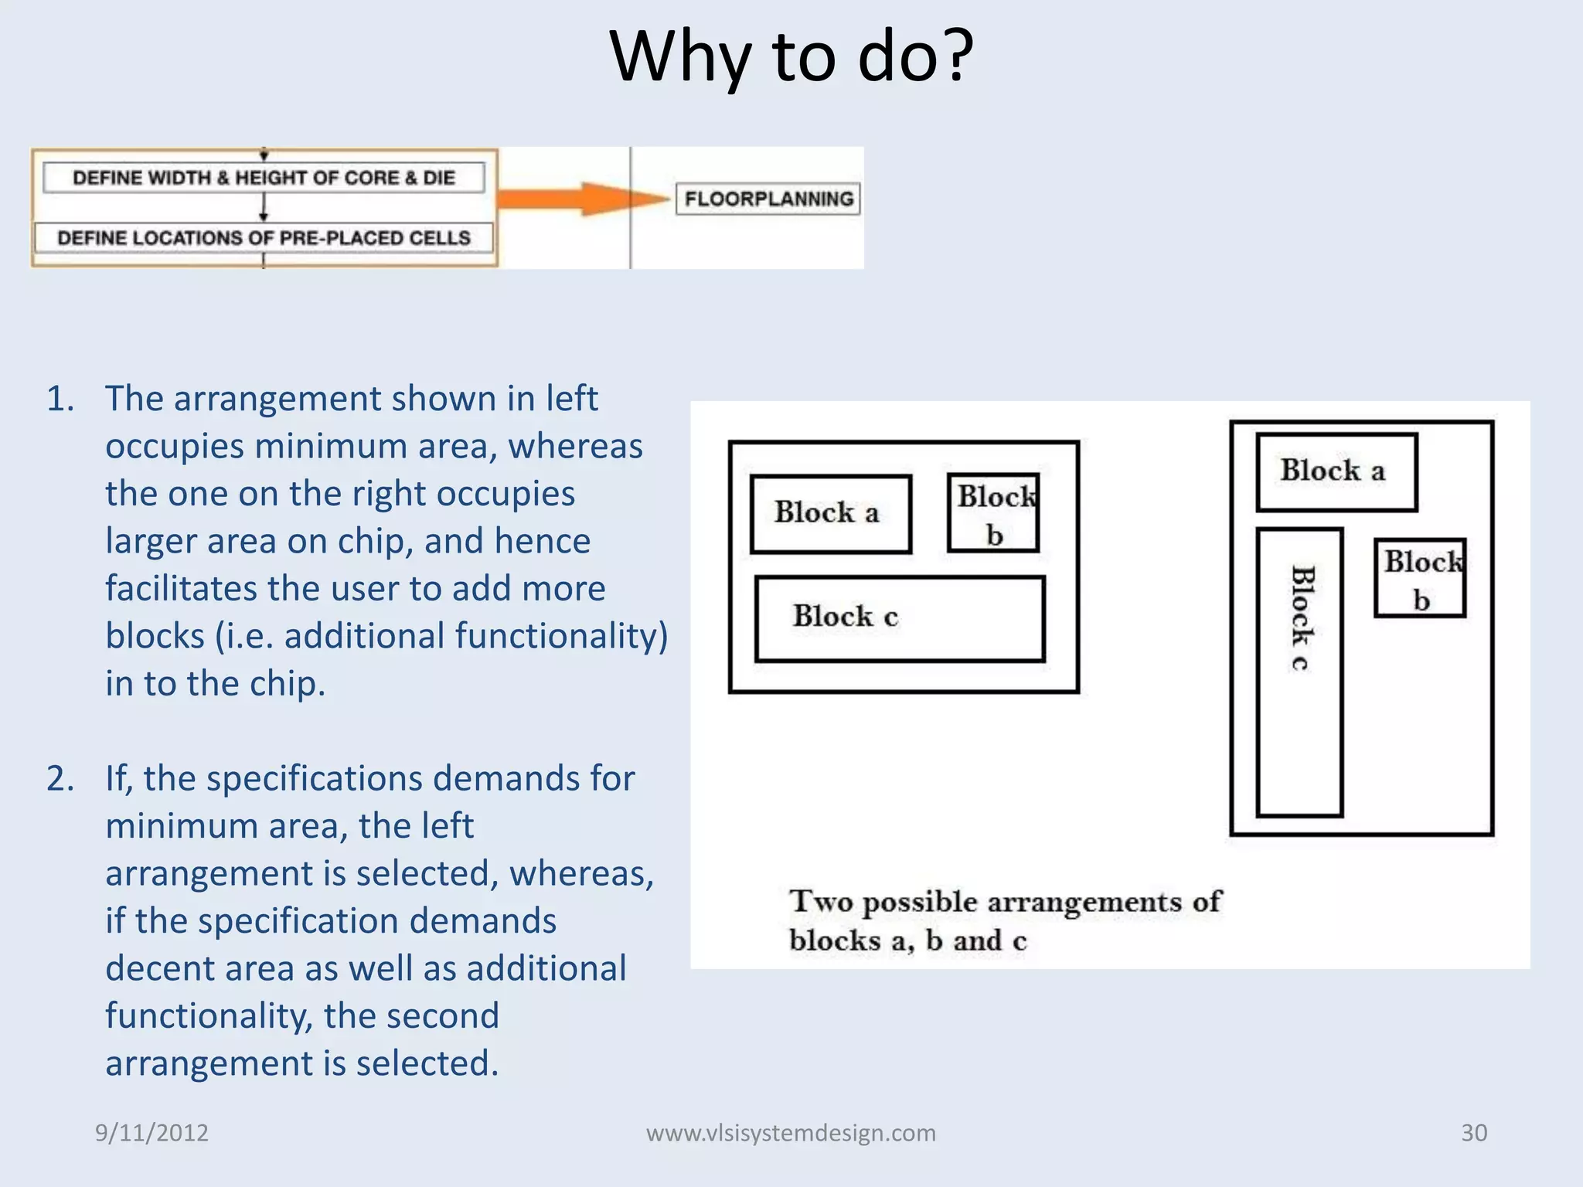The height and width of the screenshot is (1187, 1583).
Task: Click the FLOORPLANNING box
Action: coord(768,199)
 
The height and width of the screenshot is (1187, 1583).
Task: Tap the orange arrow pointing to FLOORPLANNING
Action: coord(580,199)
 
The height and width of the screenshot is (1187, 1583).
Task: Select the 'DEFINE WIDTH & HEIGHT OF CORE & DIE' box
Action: coord(264,178)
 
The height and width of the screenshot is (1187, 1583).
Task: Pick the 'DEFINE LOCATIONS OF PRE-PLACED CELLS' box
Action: coord(264,237)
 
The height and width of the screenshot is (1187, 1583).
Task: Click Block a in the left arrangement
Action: coord(830,514)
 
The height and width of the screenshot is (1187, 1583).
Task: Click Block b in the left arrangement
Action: coord(993,513)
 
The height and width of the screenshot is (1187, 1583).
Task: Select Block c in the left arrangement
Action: coord(900,618)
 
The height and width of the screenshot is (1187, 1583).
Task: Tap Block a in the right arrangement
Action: coord(1336,472)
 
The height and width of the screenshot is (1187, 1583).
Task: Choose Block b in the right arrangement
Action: coord(1420,578)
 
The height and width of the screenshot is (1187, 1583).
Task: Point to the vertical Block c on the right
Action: coord(1299,672)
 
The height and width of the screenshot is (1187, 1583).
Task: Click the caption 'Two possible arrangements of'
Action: coord(1005,902)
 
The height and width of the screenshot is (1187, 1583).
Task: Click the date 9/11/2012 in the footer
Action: coord(151,1133)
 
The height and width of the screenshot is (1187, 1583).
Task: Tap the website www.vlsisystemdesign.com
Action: coord(791,1133)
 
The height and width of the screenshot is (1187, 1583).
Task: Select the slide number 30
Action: coord(1473,1133)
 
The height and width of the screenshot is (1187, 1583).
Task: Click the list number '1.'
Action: coord(61,399)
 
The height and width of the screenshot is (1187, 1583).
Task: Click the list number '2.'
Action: coord(61,778)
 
